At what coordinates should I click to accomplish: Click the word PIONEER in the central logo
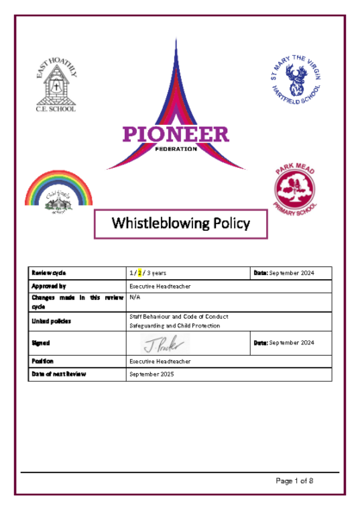pos(176,134)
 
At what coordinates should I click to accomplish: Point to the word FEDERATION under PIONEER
pos(177,148)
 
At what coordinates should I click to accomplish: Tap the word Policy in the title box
pos(227,224)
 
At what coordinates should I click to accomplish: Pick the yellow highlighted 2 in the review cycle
pos(140,273)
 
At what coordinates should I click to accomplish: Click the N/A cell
pos(134,295)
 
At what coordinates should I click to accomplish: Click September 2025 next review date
pos(153,376)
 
